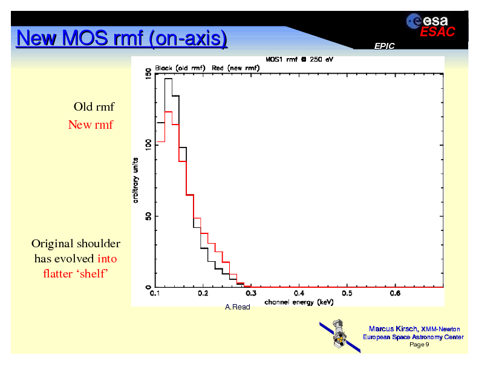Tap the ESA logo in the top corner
tap(428, 21)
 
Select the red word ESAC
tap(437, 32)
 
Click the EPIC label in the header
tap(385, 47)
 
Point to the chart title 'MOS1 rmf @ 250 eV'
tap(299, 60)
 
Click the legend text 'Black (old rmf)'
tap(181, 68)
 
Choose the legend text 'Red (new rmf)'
tap(236, 68)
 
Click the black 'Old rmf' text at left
tap(94, 107)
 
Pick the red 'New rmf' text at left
tap(90, 125)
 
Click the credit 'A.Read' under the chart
tap(237, 308)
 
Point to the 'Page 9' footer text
tap(419, 345)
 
